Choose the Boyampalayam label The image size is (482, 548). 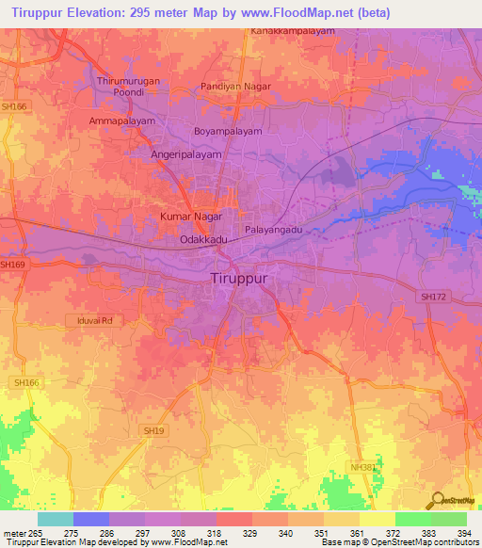pos(228,132)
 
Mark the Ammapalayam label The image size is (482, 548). pos(121,122)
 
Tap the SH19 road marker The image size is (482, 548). pos(154,430)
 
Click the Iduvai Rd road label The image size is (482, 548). pos(95,321)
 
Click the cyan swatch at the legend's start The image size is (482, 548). pos(55,519)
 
